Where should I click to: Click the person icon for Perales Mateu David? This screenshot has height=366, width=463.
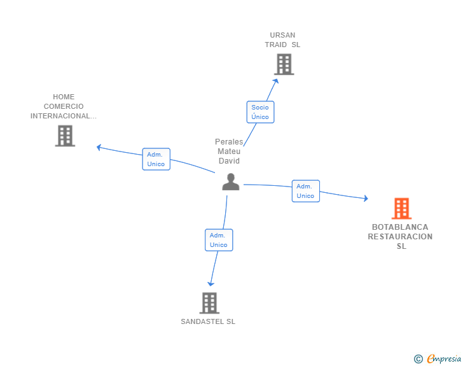[x=230, y=181]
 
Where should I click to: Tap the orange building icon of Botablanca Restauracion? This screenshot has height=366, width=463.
[x=401, y=208]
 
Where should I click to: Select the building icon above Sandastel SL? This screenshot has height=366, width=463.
[x=209, y=303]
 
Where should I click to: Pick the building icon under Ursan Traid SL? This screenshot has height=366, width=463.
[x=284, y=64]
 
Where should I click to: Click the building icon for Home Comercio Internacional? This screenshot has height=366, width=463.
[x=65, y=136]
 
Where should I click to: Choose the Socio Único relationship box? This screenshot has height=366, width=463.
[x=260, y=112]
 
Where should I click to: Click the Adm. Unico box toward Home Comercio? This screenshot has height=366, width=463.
[x=156, y=159]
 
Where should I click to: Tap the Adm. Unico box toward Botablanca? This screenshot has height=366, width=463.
[x=305, y=191]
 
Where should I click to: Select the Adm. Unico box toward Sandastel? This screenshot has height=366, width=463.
[x=218, y=240]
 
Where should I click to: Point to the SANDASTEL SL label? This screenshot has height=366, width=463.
[x=208, y=321]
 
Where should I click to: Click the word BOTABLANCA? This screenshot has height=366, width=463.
[x=400, y=227]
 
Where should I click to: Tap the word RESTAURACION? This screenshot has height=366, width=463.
[x=400, y=236]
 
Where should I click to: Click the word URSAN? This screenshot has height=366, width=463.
[x=282, y=35]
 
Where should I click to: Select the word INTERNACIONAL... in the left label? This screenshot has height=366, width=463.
[x=64, y=116]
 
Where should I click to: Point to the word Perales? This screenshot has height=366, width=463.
[x=229, y=142]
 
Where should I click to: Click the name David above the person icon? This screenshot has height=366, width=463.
[x=229, y=161]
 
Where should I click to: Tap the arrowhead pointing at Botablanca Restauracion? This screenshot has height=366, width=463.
[x=366, y=199]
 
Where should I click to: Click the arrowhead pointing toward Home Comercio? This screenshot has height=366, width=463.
[x=99, y=147]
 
